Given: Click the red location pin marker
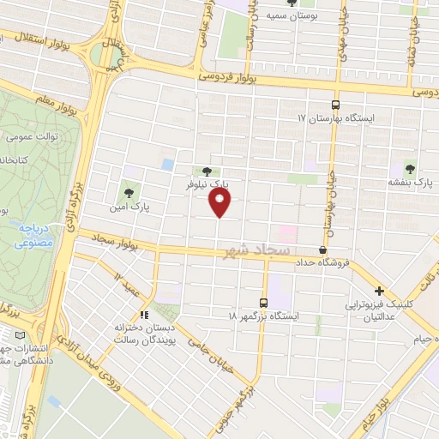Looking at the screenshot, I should pyautogui.click(x=220, y=203).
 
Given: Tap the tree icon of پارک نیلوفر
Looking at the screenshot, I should pyautogui.click(x=205, y=171).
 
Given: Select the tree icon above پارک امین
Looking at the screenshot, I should pyautogui.click(x=129, y=193).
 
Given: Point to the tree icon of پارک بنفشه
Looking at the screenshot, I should pyautogui.click(x=408, y=169).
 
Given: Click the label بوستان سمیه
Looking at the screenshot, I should pyautogui.click(x=287, y=15).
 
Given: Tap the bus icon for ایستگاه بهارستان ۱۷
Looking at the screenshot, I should pyautogui.click(x=335, y=104).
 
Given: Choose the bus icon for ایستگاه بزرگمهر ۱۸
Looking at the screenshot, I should pyautogui.click(x=263, y=303).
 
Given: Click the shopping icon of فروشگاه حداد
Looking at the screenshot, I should pyautogui.click(x=322, y=250).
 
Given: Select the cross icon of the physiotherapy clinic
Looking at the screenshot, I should pyautogui.click(x=379, y=292).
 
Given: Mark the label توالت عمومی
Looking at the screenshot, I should pyautogui.click(x=31, y=135).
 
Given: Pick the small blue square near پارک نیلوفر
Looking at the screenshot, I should pyautogui.click(x=167, y=164).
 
